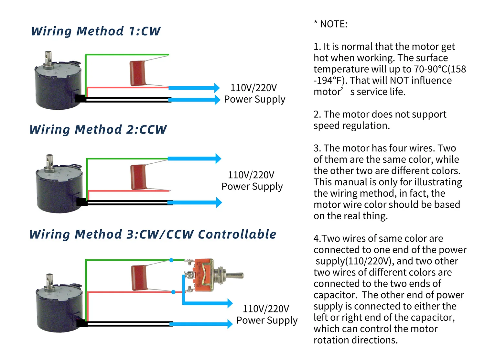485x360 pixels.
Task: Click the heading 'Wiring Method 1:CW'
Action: (x=96, y=31)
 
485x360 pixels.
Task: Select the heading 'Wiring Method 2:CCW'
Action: (x=98, y=130)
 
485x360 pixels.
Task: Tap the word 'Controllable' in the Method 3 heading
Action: (x=237, y=235)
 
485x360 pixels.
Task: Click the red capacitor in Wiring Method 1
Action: (x=138, y=73)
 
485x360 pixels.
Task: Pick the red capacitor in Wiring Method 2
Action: (x=139, y=177)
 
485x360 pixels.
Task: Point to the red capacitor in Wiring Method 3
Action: (x=139, y=278)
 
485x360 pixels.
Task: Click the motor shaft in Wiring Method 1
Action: (x=48, y=59)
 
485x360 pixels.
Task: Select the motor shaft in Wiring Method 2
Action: (x=49, y=162)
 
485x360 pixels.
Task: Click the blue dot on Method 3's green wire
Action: (x=171, y=260)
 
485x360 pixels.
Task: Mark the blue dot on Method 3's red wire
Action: (x=173, y=292)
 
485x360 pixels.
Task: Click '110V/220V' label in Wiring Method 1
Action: (x=253, y=88)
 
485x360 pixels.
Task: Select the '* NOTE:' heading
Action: (x=330, y=24)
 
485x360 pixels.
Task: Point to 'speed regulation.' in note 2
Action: (x=351, y=126)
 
